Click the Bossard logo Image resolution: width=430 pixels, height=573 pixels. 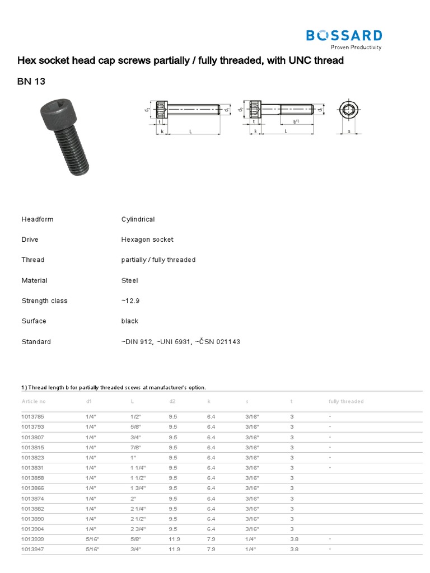(344, 38)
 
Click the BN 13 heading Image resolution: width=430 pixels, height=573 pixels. (31, 81)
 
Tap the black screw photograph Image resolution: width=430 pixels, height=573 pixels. (64, 134)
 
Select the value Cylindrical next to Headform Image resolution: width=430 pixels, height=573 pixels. (138, 219)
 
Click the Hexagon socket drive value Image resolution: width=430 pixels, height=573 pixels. (147, 239)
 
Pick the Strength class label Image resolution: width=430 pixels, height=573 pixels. (44, 300)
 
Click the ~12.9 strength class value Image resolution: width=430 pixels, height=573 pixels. (130, 300)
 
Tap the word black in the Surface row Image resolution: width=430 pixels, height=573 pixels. (129, 321)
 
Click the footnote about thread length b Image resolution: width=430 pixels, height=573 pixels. (114, 387)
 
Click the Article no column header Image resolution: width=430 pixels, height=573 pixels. (34, 401)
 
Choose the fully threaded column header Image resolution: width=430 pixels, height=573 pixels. (345, 401)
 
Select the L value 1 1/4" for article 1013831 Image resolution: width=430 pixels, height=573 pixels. (138, 468)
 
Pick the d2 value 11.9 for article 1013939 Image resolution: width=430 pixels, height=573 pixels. (174, 539)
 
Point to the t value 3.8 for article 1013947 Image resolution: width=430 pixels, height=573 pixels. (295, 549)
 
